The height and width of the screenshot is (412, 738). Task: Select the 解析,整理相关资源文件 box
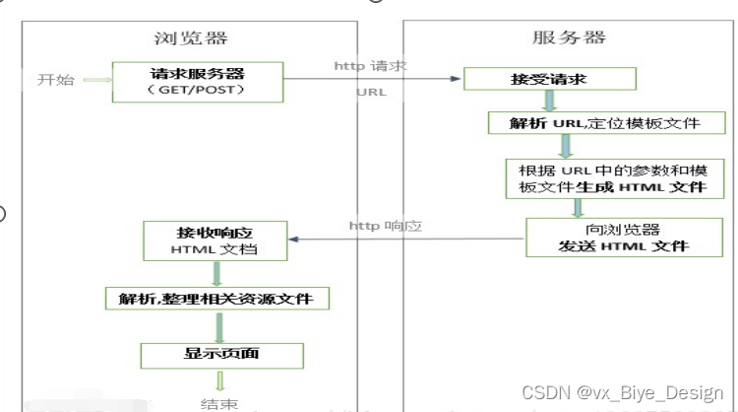tap(218, 296)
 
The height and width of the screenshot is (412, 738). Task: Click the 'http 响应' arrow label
tap(385, 226)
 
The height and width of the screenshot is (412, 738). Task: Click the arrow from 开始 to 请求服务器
tap(96, 81)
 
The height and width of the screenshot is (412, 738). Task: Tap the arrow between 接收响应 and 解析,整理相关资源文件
tap(218, 273)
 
